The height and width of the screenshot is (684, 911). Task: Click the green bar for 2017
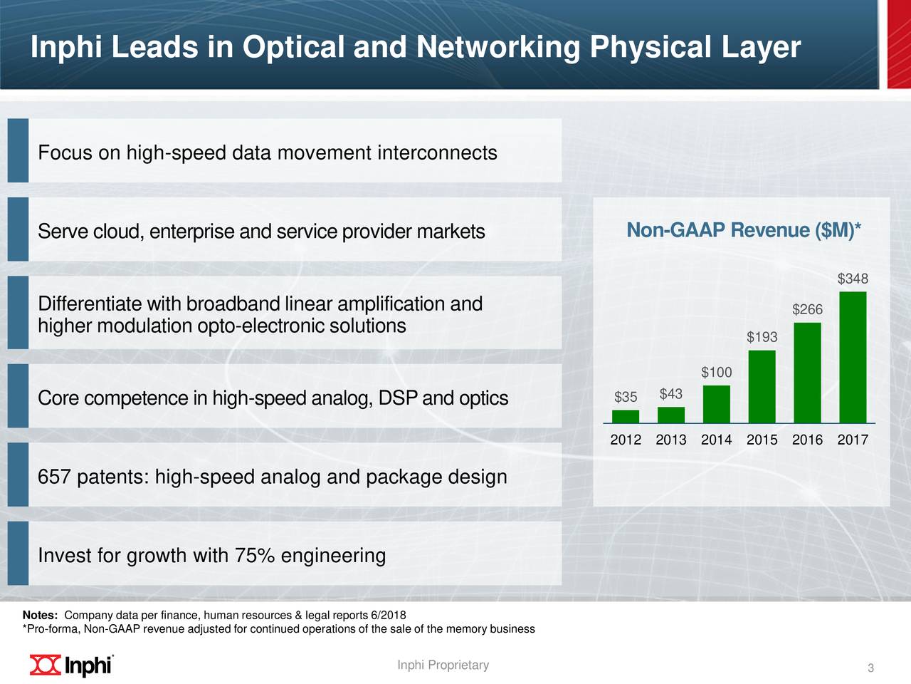853,357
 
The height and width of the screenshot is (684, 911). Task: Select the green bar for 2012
626,416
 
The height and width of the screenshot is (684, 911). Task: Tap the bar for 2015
762,386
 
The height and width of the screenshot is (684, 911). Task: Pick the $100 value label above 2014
716,373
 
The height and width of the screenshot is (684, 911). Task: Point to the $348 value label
853,279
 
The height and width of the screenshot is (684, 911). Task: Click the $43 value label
670,394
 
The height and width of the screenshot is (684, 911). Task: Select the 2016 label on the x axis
807,440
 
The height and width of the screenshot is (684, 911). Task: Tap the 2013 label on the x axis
670,440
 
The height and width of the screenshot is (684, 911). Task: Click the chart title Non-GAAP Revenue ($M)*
743,231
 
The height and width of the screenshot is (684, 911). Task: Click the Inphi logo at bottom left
71,664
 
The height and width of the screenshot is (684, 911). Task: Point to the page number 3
870,668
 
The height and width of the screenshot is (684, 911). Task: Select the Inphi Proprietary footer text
443,665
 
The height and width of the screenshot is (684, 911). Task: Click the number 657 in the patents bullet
54,477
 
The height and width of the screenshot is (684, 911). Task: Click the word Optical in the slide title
293,48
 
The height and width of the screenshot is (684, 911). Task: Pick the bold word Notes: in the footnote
40,616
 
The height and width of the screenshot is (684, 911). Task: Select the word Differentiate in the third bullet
90,304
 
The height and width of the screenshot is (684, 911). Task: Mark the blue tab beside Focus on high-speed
18,150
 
